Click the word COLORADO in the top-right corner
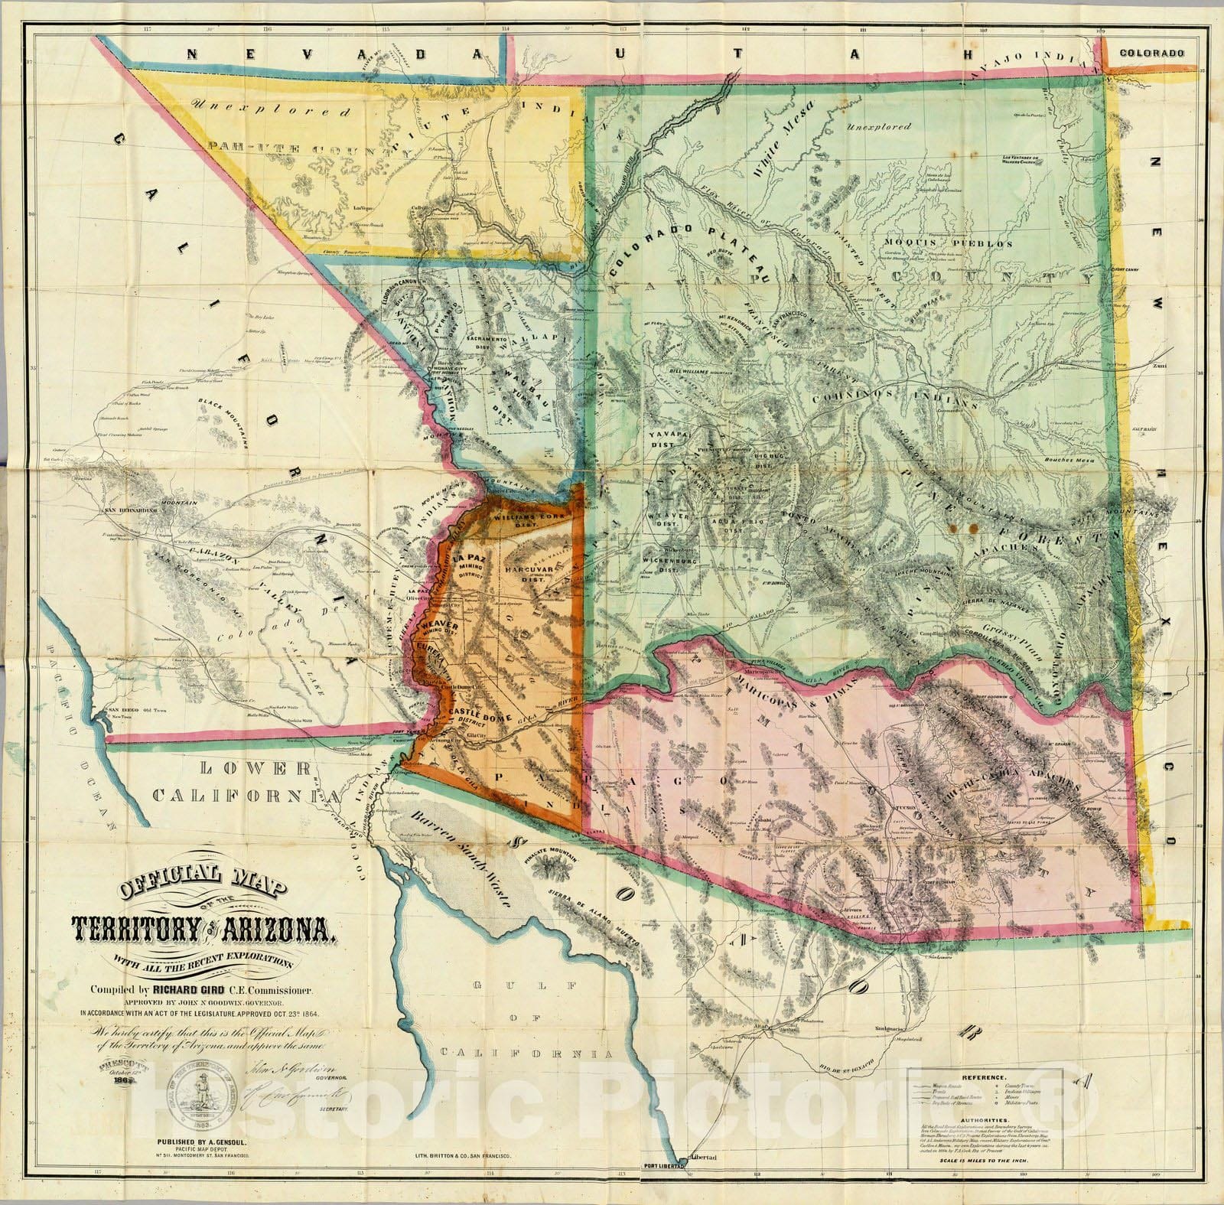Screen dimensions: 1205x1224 pos(1152,53)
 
